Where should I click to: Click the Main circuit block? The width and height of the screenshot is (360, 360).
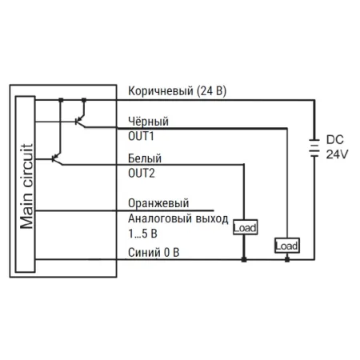25,184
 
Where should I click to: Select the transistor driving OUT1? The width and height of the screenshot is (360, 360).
80,121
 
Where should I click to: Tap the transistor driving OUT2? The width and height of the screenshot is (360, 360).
57,158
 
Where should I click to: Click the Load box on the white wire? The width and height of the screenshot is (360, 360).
245,227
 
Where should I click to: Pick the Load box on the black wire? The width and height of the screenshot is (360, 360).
287,246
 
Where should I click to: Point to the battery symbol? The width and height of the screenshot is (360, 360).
314,148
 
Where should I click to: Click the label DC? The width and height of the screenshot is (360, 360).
335,140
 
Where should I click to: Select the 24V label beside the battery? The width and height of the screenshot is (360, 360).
337,154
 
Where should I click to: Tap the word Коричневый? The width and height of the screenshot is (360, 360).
161,91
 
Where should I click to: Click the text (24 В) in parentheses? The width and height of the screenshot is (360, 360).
211,91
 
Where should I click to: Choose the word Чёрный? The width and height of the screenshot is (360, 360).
148,122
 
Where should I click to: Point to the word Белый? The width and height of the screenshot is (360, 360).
145,158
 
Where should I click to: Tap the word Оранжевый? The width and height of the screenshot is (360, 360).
158,203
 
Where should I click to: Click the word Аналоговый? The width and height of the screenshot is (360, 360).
160,218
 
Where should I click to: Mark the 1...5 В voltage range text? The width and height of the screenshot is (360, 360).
142,234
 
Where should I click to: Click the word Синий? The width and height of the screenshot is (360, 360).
144,252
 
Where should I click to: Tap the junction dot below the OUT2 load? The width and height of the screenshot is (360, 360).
244,259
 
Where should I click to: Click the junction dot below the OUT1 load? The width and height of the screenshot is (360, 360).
287,259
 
